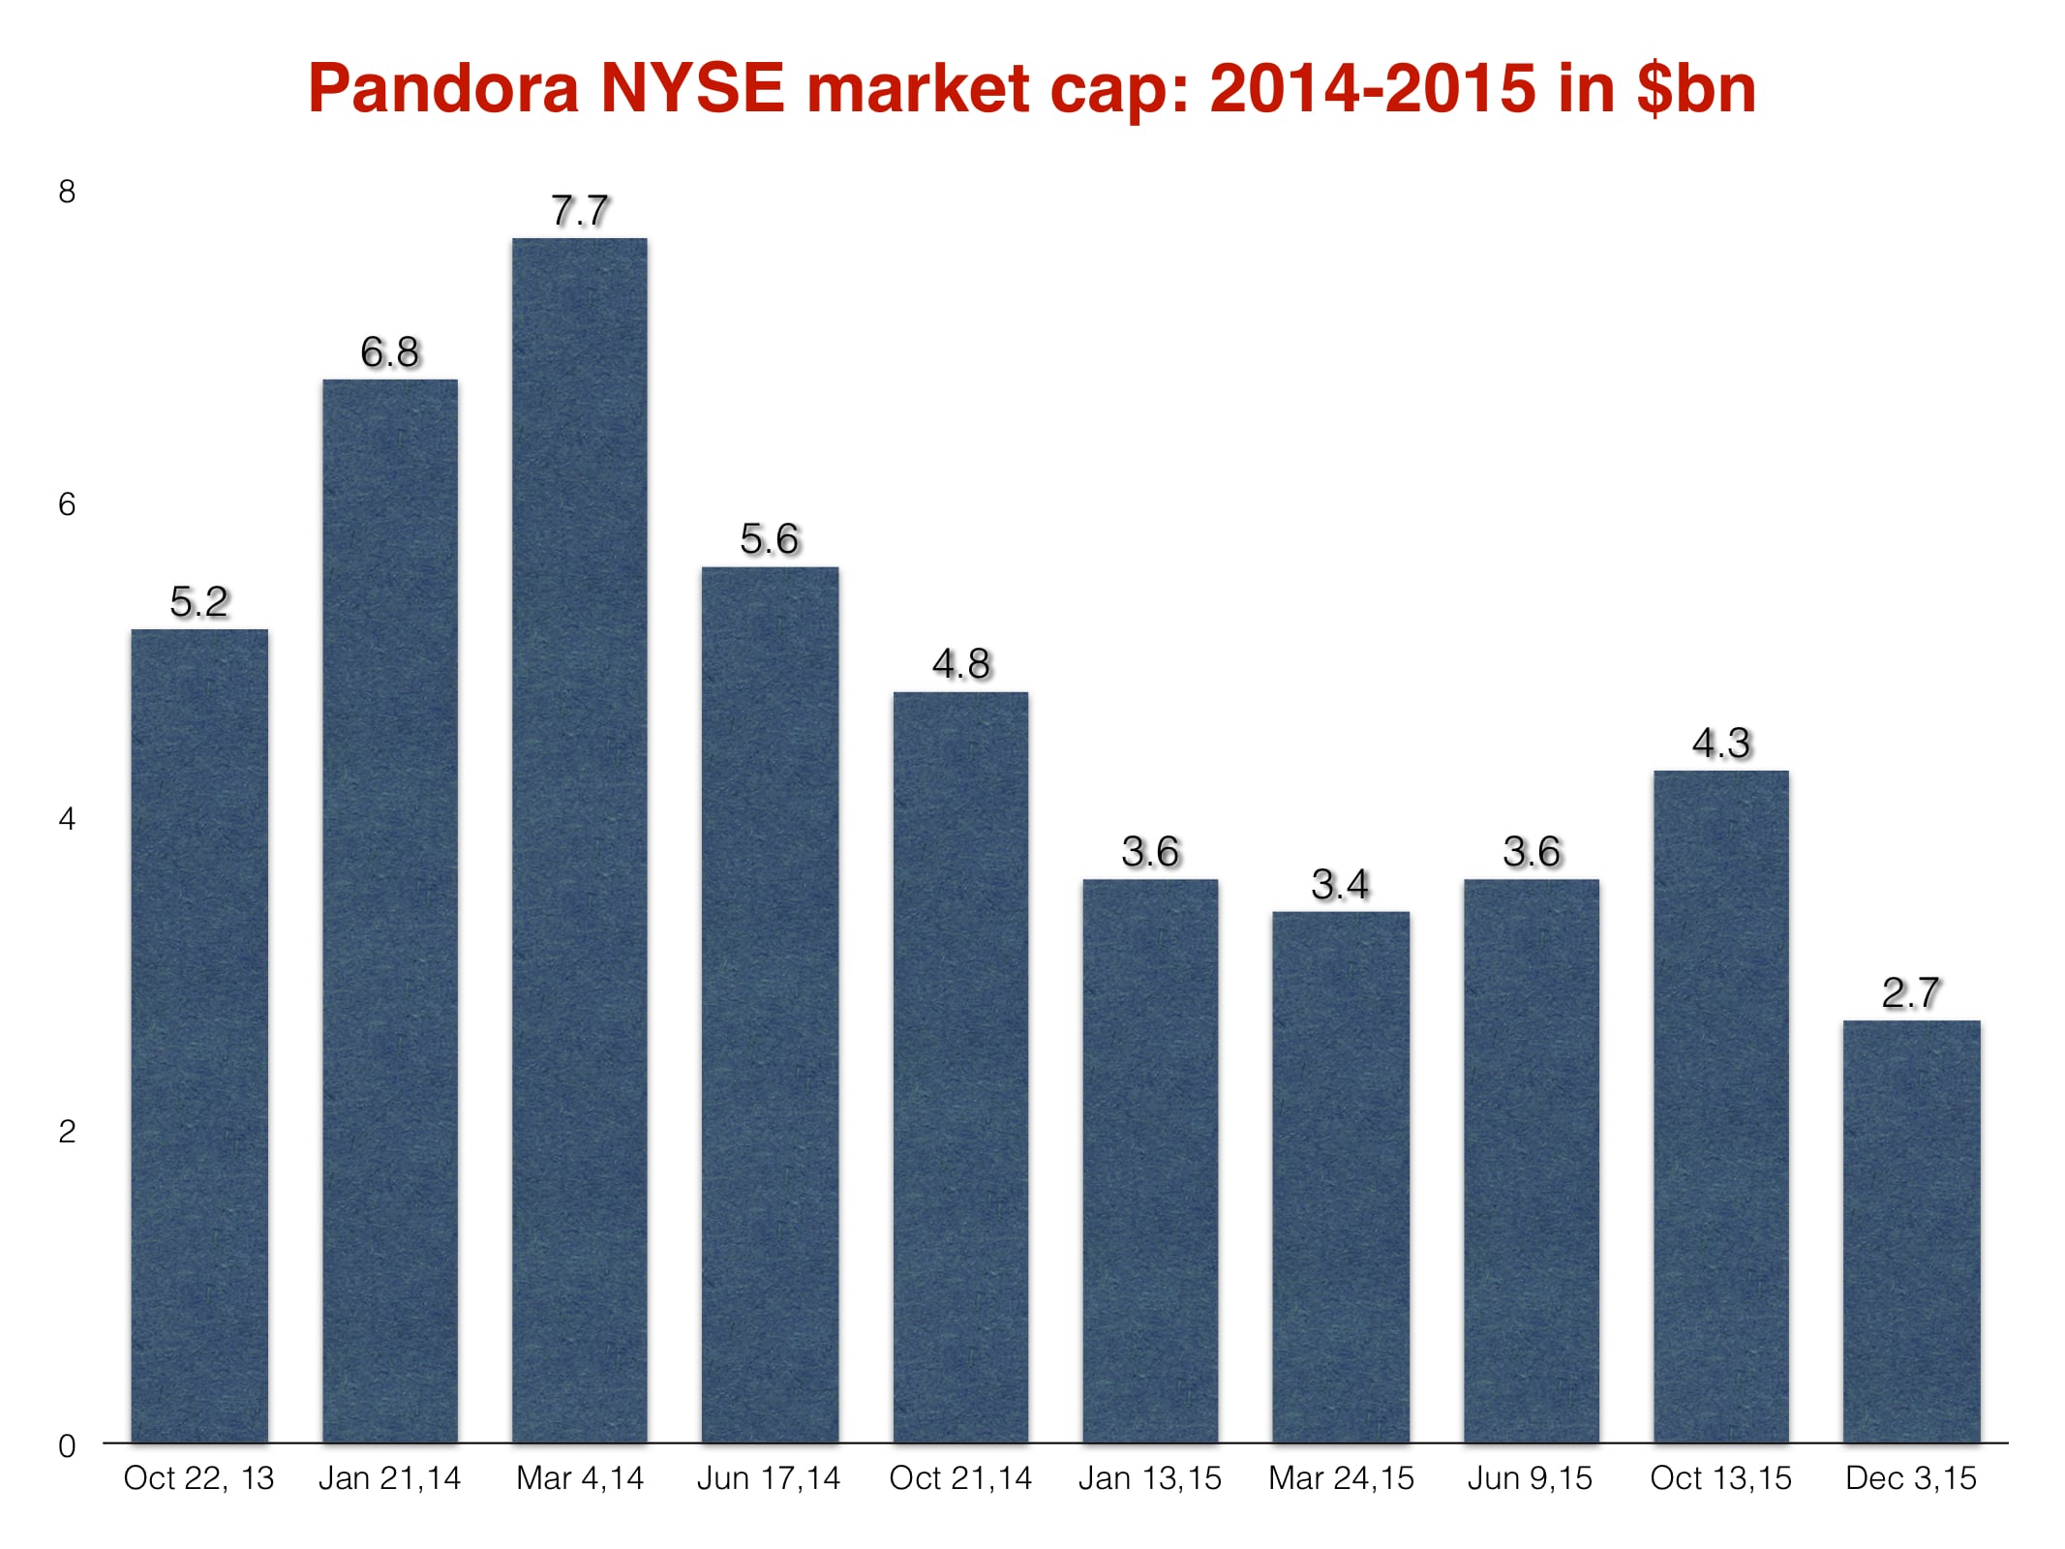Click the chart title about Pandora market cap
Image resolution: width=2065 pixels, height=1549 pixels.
pos(1032,88)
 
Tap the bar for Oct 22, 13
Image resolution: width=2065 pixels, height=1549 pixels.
pos(199,1036)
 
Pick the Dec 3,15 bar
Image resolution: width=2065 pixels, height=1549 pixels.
pos(1911,1231)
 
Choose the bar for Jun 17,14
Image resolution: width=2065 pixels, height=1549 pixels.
pos(770,1005)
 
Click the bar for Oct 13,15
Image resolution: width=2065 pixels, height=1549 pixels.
pos(1720,1107)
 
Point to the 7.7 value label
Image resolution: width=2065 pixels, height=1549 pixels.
pos(579,211)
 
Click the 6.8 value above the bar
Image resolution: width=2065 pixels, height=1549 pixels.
pos(389,352)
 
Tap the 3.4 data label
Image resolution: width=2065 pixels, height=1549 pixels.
pos(1340,885)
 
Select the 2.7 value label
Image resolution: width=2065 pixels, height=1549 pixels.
pos(1910,993)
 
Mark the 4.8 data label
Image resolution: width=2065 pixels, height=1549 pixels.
pos(960,664)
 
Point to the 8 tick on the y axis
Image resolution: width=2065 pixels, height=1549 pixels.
pos(67,192)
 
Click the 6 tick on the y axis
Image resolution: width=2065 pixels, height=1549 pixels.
pos(67,504)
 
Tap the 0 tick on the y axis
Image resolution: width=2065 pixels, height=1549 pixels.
pos(67,1446)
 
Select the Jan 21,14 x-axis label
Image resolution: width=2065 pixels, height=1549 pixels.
pos(389,1478)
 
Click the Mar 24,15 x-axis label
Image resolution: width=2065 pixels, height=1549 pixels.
pos(1341,1478)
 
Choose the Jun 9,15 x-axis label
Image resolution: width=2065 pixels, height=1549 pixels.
pos(1530,1478)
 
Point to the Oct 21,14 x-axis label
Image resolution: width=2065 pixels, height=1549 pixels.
pos(960,1478)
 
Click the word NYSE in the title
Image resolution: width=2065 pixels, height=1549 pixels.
pos(691,88)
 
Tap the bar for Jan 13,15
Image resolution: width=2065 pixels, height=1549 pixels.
pos(1150,1161)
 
